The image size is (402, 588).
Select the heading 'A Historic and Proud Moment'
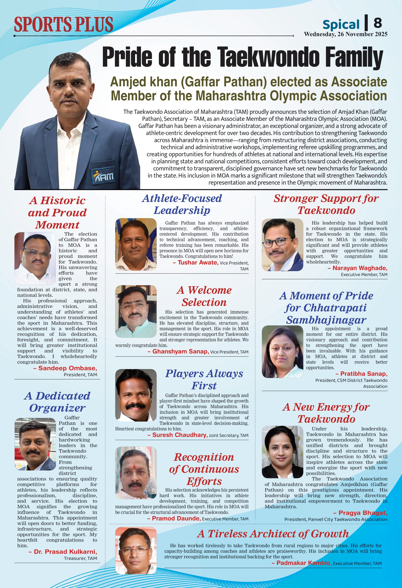(x=57, y=213)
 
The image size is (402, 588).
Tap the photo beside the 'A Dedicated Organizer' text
(x=35, y=444)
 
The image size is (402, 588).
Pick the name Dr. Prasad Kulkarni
(x=65, y=552)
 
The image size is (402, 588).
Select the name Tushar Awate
(x=198, y=262)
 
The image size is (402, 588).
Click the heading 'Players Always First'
(x=204, y=379)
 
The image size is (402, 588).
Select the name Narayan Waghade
(x=360, y=268)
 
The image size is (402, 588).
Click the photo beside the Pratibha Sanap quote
(x=282, y=352)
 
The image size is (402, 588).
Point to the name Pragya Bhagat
(x=363, y=513)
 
